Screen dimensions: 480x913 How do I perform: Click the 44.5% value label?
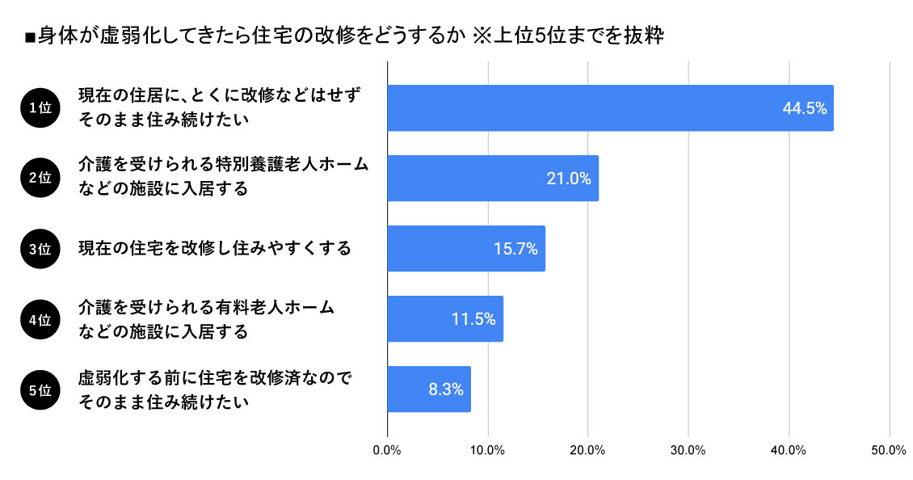[x=805, y=108]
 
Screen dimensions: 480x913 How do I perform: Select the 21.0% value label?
[x=569, y=179]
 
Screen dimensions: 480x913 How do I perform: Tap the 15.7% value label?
[x=515, y=249]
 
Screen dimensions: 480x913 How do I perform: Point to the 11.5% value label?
[x=473, y=319]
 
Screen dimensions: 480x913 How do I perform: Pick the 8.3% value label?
[x=446, y=389]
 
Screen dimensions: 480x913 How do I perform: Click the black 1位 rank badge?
[x=40, y=108]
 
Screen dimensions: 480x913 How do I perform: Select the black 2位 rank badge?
[x=40, y=179]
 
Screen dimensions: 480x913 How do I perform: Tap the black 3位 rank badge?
[x=40, y=249]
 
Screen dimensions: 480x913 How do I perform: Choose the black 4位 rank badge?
[x=40, y=319]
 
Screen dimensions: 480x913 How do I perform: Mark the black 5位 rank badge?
[x=40, y=389]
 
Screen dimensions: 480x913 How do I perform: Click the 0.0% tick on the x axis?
[x=388, y=451]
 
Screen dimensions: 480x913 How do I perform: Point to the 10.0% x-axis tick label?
[x=488, y=451]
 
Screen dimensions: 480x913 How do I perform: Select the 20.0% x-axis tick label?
[x=588, y=451]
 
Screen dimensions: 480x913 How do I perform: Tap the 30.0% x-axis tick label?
[x=688, y=451]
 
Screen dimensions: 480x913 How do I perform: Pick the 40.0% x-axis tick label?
[x=789, y=451]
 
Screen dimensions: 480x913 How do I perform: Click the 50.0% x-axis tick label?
[x=889, y=451]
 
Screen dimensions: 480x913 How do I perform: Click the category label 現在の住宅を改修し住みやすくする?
[x=215, y=248]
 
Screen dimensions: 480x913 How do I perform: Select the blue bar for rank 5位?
[x=429, y=389]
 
